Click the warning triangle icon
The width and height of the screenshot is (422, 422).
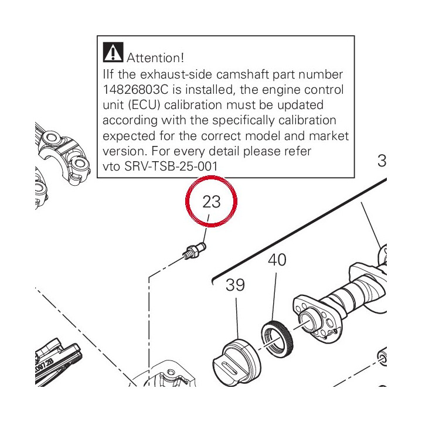[113, 52]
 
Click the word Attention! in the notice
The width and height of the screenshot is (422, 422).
[155, 58]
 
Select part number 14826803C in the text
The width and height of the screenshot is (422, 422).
[135, 90]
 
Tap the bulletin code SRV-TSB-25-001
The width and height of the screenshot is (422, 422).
[171, 166]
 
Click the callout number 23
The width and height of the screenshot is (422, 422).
[212, 202]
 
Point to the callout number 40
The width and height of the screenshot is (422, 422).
[277, 260]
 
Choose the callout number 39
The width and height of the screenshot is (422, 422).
[235, 285]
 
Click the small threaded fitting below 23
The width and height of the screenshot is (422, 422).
[195, 251]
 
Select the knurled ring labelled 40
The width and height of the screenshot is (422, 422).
[277, 338]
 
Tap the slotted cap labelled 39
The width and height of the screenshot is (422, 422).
[236, 361]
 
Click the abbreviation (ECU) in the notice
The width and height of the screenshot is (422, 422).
[144, 105]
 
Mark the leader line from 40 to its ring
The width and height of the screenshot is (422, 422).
[274, 297]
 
